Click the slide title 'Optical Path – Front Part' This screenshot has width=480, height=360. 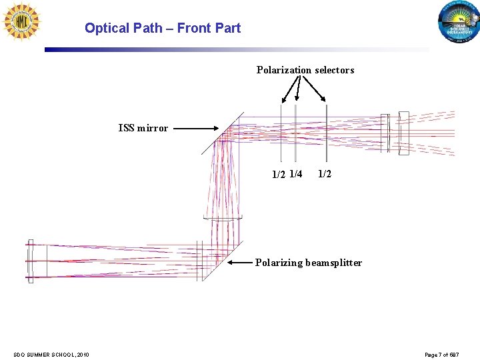click(x=162, y=28)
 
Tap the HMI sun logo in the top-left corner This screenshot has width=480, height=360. click(x=21, y=21)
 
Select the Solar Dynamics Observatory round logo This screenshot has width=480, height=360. click(x=459, y=24)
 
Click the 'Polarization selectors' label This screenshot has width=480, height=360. click(x=305, y=70)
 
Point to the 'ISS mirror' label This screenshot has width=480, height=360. click(x=143, y=128)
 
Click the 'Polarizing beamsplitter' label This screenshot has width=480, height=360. click(x=308, y=263)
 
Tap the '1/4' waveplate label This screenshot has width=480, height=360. click(x=296, y=175)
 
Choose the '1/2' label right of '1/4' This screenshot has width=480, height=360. click(x=325, y=174)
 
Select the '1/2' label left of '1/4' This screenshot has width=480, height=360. click(x=279, y=175)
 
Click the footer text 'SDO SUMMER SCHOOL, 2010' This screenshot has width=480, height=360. click(x=51, y=354)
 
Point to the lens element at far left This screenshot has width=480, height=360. click(x=30, y=261)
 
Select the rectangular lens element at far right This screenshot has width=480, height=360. click(x=403, y=133)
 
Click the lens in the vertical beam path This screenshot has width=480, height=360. click(x=223, y=219)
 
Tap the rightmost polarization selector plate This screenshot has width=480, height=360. click(x=326, y=132)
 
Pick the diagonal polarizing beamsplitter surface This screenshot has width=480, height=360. click(x=221, y=261)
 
